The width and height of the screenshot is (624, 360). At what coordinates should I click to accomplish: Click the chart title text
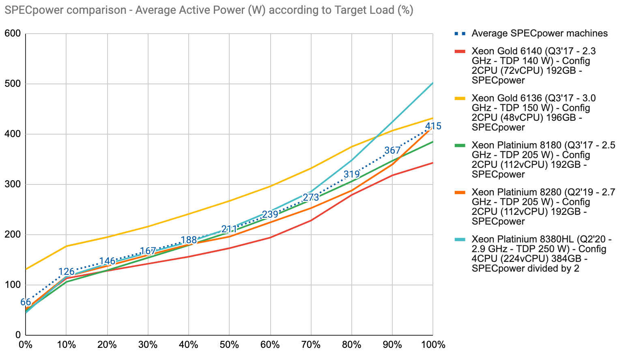(209, 10)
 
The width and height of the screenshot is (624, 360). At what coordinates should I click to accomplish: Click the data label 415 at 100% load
(433, 126)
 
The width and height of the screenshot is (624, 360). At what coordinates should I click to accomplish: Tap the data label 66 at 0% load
(26, 302)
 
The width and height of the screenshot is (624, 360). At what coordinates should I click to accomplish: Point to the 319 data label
(351, 174)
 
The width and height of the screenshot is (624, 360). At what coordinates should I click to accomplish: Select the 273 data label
(311, 197)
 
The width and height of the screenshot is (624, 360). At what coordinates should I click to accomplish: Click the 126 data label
(66, 272)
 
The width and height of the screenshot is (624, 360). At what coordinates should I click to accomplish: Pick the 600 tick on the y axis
(13, 34)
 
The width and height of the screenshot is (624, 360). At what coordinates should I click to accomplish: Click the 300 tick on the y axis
(13, 184)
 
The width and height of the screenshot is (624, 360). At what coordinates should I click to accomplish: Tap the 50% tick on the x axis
(229, 345)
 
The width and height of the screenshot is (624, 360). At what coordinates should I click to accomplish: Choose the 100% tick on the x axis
(433, 345)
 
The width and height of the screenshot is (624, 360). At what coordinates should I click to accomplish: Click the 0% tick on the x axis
(26, 345)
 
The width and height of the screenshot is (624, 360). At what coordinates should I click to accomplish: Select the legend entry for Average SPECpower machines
(539, 33)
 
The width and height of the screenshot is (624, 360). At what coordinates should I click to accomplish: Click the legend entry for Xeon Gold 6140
(534, 66)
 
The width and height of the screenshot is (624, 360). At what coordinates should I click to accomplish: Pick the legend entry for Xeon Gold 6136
(534, 113)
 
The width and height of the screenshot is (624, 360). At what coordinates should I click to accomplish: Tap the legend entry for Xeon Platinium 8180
(543, 160)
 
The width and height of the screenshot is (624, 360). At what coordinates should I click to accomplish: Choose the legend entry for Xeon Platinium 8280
(543, 207)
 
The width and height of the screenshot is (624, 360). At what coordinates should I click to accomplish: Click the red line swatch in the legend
(460, 51)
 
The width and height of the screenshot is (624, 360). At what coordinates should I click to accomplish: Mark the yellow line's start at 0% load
(26, 269)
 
